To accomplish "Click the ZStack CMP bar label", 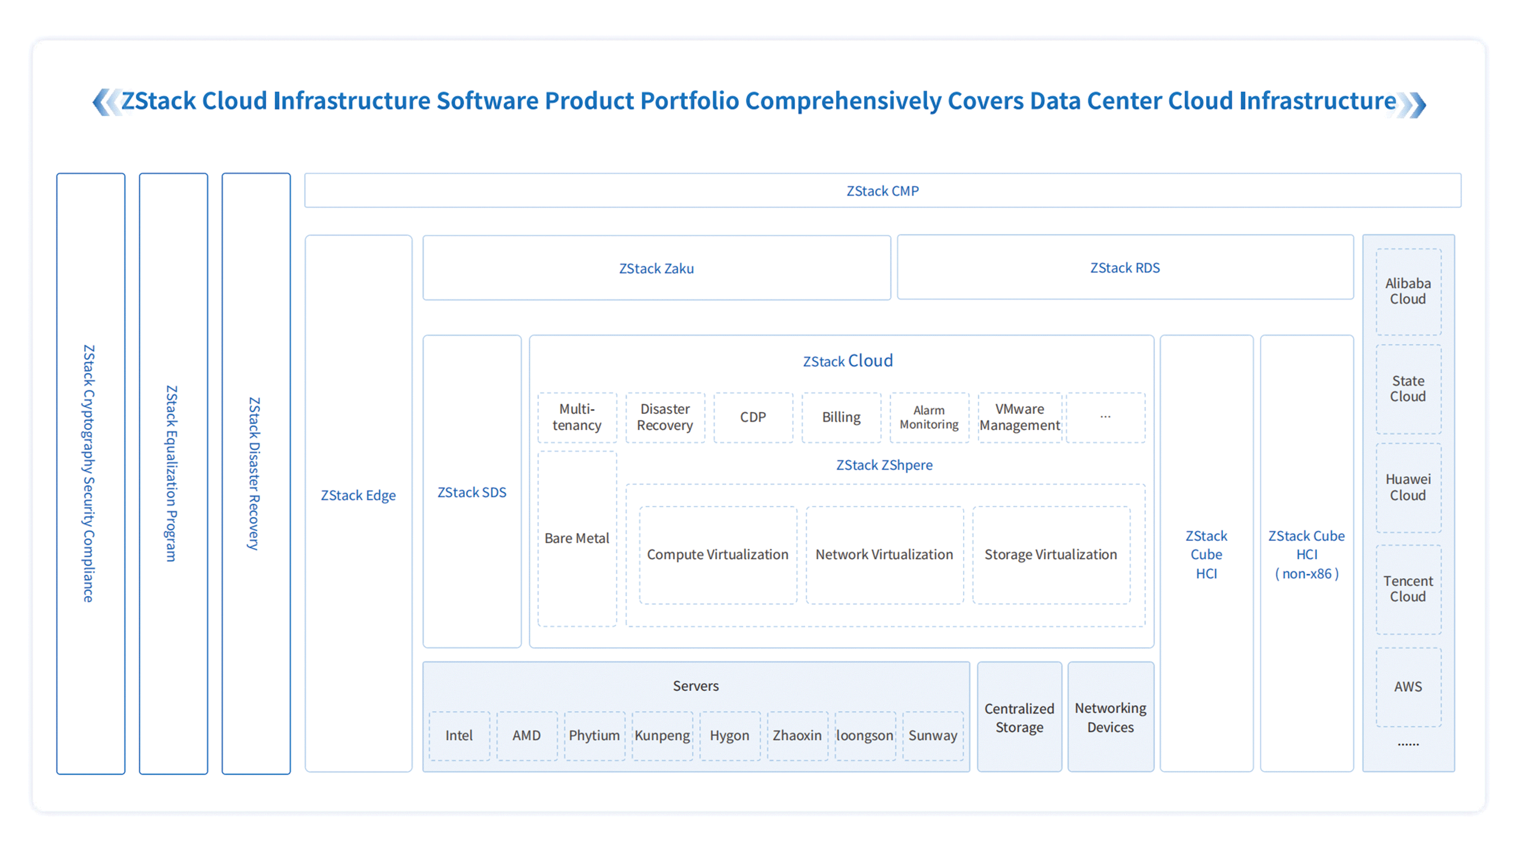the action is coord(882,191).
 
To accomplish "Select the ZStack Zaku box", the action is coord(656,268).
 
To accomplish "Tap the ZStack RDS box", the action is coord(1125,267).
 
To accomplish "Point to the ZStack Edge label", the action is coord(358,495).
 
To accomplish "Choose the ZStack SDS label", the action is coord(472,492).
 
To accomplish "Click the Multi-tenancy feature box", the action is coord(577,418).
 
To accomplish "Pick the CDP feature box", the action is coord(753,418).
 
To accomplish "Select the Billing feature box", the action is coord(841,418).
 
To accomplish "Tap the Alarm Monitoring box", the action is coord(929,418).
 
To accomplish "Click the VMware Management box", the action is coord(1020,418).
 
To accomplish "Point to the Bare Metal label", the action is coord(577,538).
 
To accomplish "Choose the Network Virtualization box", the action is coord(885,555).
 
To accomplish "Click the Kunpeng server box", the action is coord(662,736).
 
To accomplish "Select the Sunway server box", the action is coord(933,736).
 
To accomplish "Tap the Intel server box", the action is coord(460,736).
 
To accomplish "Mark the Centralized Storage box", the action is coord(1019,717).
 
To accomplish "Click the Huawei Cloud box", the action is coord(1408,487).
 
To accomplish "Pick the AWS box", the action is coord(1408,687).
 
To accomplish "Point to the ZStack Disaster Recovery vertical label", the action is coord(254,474).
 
